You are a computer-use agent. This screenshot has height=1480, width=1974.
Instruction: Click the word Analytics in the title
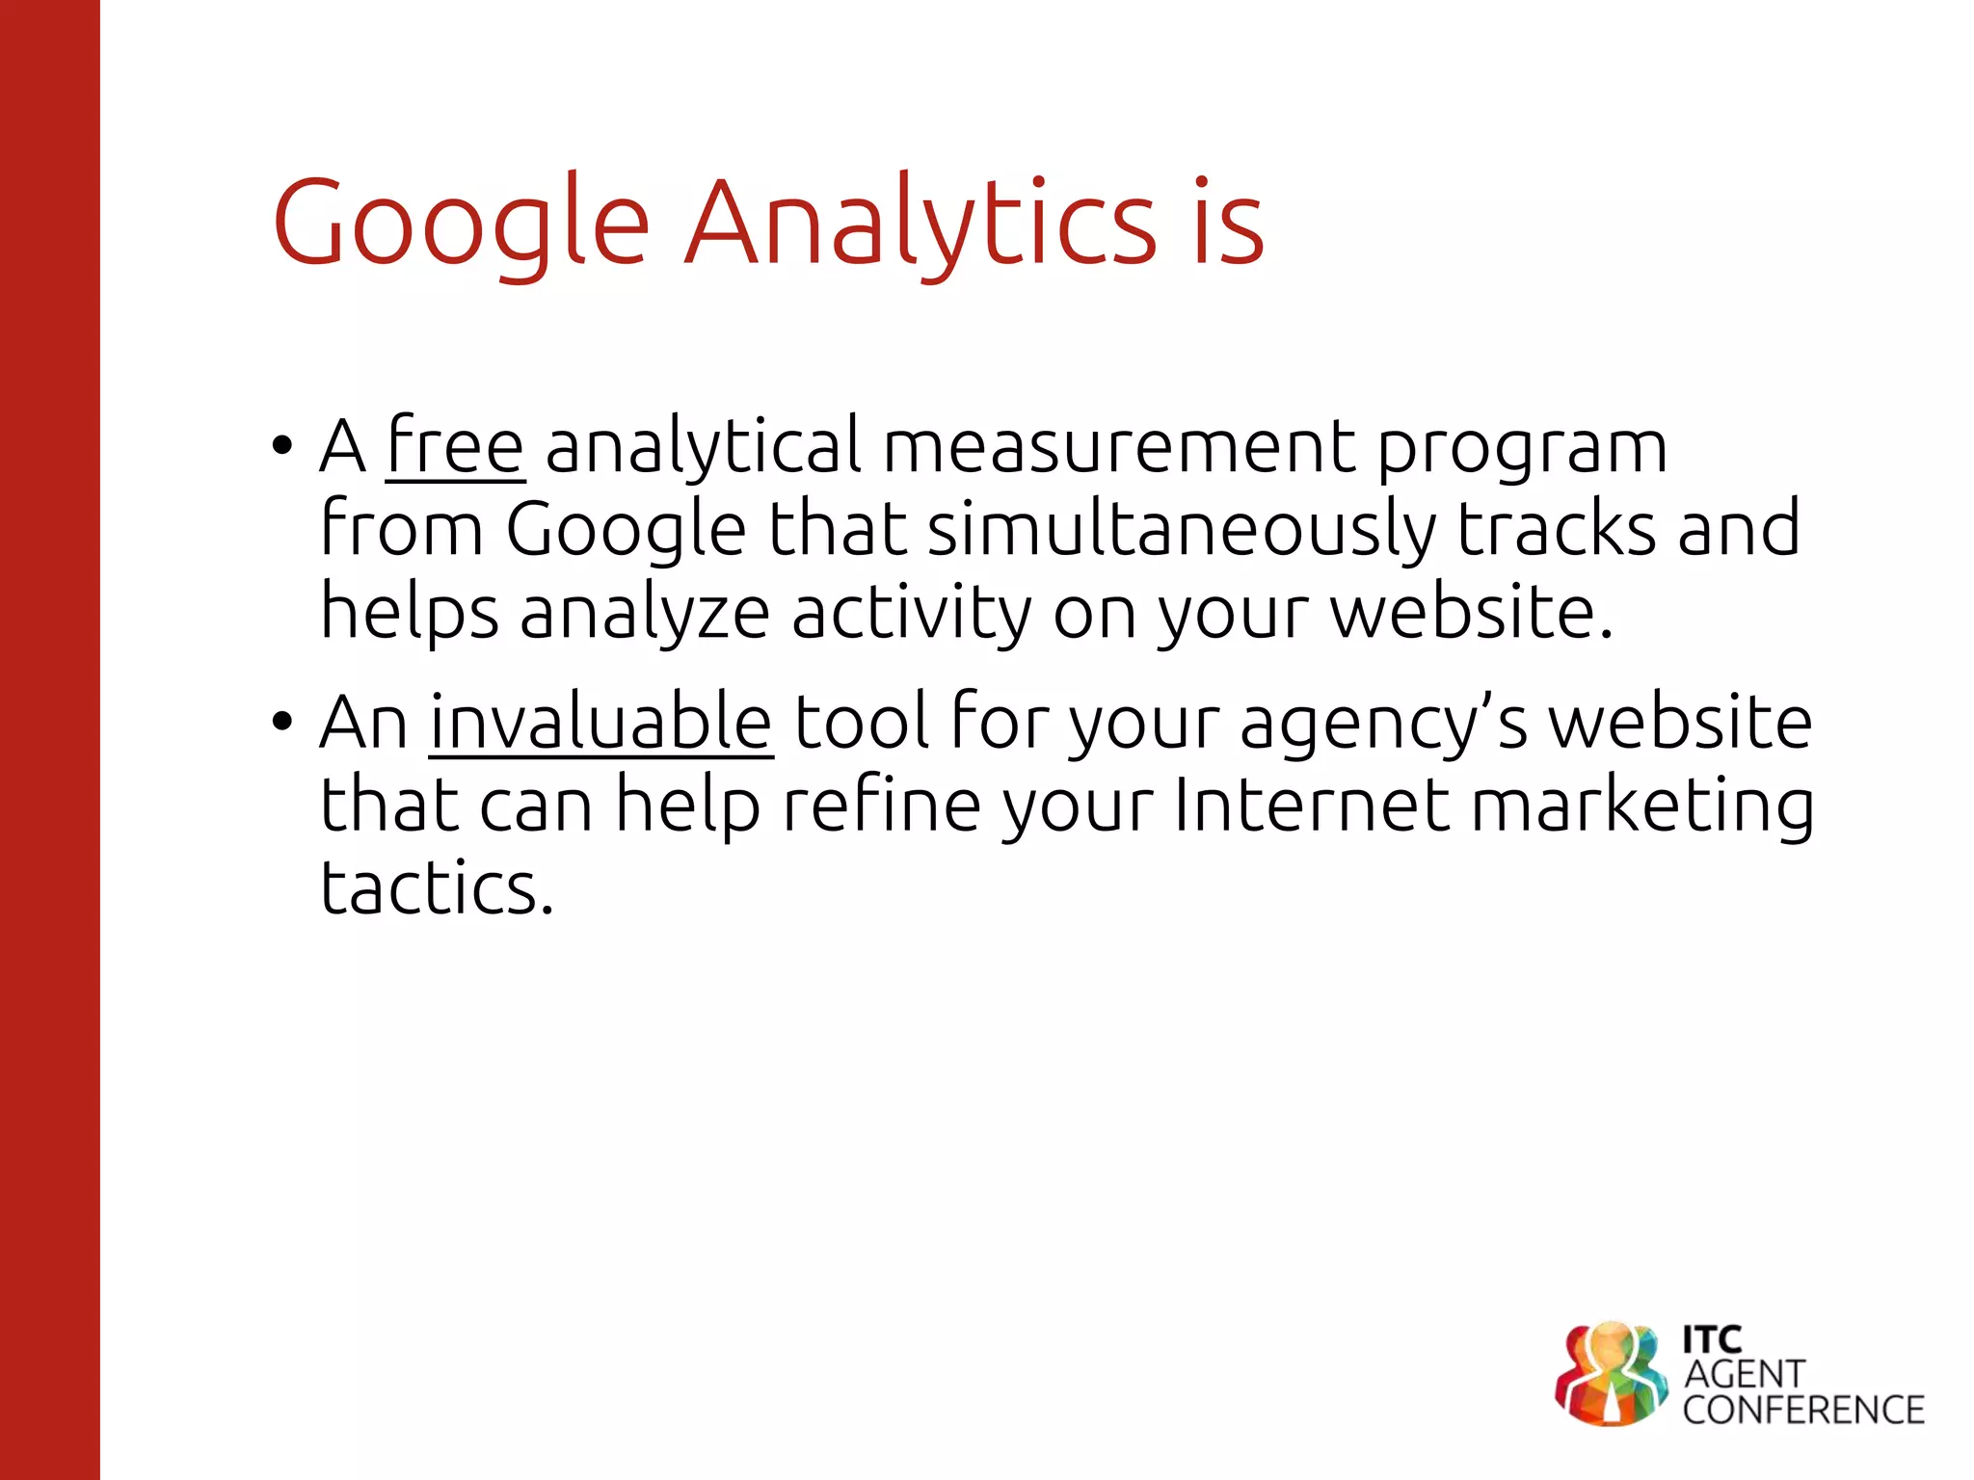pos(920,224)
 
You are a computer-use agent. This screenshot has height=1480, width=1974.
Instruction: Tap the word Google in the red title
pos(461,224)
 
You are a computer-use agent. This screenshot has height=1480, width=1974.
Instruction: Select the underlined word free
pos(455,446)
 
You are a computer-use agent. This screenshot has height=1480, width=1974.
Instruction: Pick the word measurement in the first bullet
pos(1118,446)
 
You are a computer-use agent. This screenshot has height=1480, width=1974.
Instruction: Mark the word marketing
pos(1642,806)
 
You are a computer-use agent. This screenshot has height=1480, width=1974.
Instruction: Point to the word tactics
pos(437,887)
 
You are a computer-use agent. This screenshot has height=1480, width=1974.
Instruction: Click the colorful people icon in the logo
pos(1610,1374)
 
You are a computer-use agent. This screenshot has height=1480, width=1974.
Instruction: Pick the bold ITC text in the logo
pos(1712,1338)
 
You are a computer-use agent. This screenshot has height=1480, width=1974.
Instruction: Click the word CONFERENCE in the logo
pos(1803,1410)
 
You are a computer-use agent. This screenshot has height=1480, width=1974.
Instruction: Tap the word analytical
pos(703,446)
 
